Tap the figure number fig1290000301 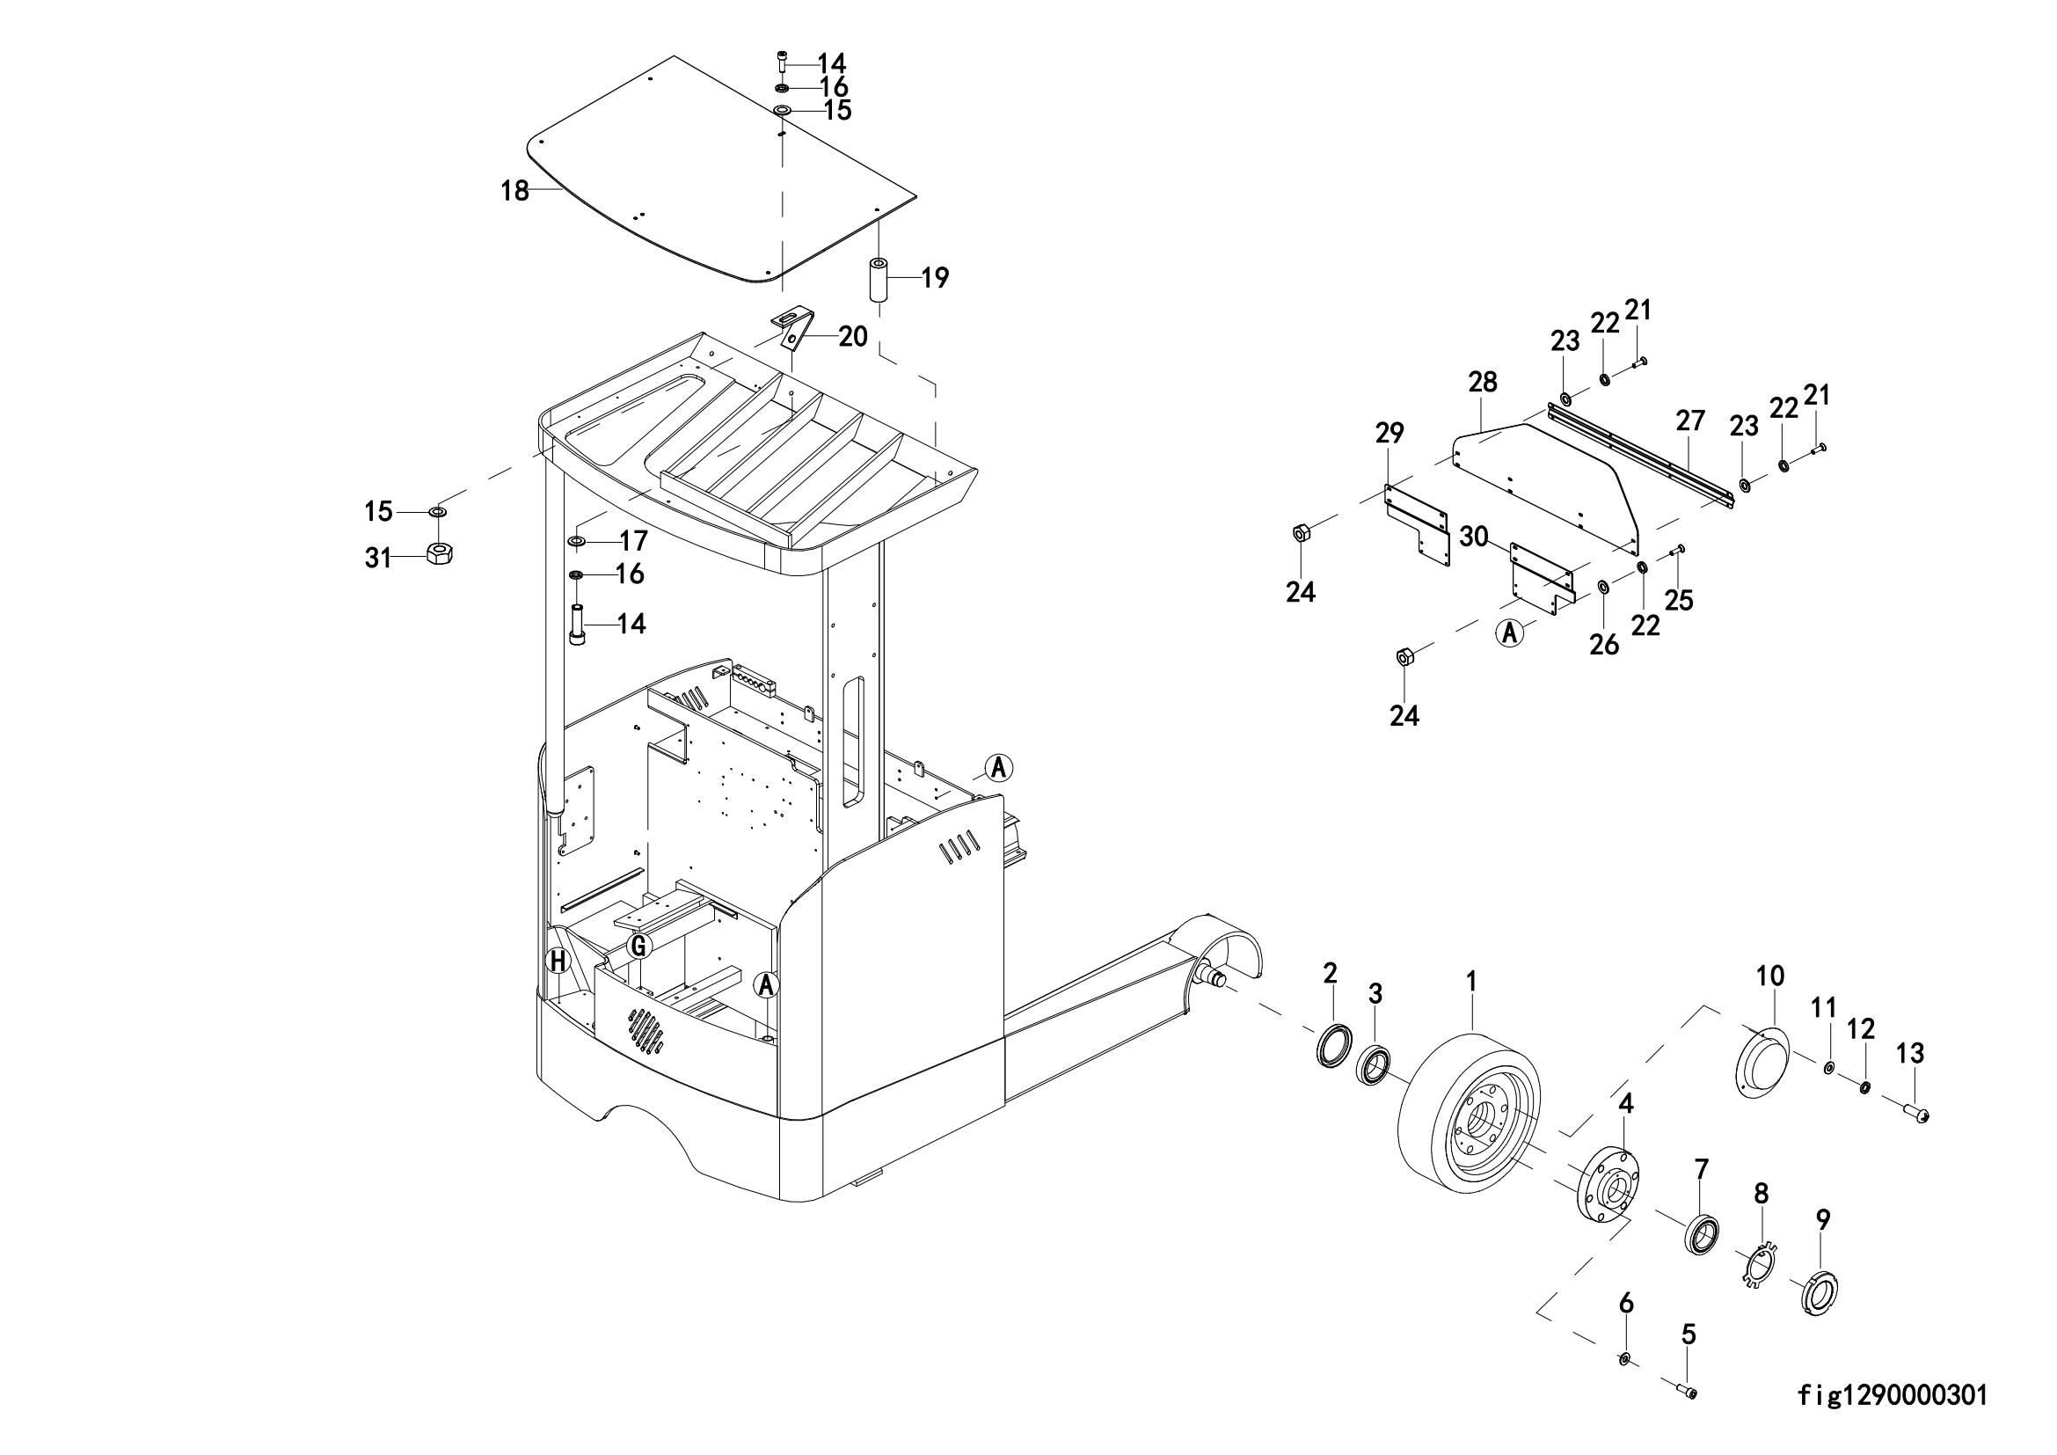[x=1893, y=1396]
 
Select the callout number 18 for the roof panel [x=515, y=191]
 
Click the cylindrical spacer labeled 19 [x=879, y=281]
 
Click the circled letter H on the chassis [x=558, y=962]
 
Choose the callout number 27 [x=1689, y=422]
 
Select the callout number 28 [x=1483, y=383]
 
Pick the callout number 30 [x=1474, y=537]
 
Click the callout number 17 [x=633, y=541]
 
